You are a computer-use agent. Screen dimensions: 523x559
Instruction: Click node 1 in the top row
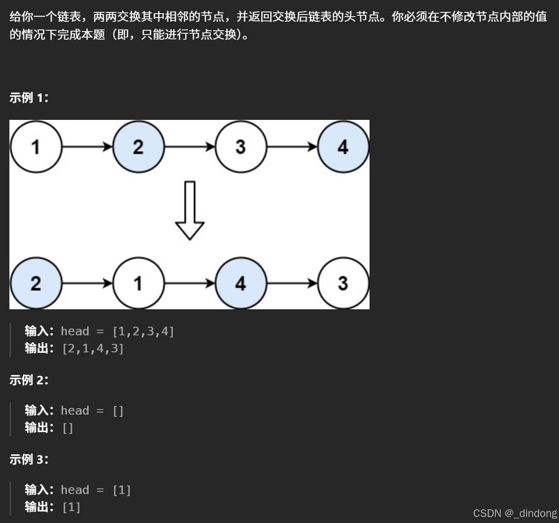click(x=36, y=147)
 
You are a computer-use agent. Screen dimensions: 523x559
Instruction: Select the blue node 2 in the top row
click(x=138, y=147)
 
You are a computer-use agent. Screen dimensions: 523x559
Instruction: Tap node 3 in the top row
click(x=241, y=147)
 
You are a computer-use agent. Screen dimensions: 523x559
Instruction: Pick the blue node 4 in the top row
click(x=343, y=147)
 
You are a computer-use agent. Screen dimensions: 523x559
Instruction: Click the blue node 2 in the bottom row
click(x=36, y=283)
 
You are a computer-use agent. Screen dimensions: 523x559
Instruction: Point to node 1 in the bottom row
click(x=138, y=283)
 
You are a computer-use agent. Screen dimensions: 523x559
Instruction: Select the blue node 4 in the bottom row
click(x=241, y=283)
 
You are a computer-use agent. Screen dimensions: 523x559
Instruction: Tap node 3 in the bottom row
click(x=343, y=283)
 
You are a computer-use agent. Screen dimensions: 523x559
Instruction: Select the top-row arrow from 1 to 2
click(x=87, y=147)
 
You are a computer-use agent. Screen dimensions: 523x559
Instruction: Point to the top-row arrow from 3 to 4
click(x=292, y=147)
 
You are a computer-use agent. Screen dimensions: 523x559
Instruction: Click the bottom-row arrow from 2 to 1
click(x=87, y=283)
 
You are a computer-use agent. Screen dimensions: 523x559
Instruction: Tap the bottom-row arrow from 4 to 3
click(x=292, y=283)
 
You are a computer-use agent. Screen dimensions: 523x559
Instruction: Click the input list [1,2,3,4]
click(x=143, y=331)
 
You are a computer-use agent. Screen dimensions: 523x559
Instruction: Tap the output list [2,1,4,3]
click(x=93, y=349)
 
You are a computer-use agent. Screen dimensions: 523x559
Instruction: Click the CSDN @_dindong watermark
click(x=515, y=513)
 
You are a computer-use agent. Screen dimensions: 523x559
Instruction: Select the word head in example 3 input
click(x=75, y=490)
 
